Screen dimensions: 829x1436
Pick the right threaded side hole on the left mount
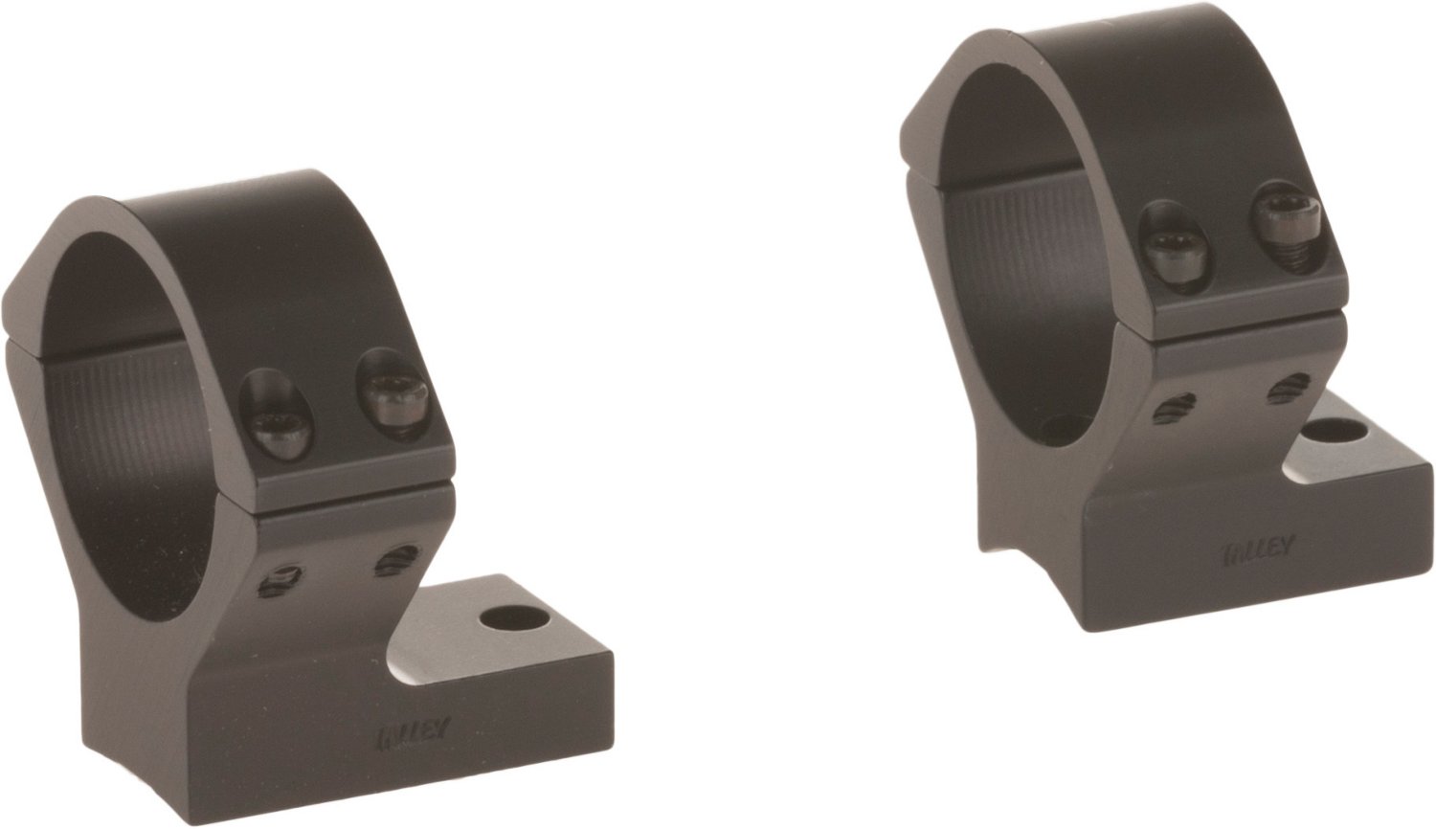coord(393,559)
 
